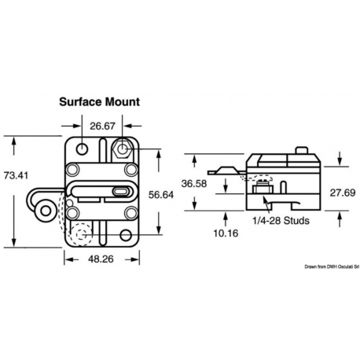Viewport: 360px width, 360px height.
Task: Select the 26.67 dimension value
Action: [104, 126]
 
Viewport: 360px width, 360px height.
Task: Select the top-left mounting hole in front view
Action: [82, 148]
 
